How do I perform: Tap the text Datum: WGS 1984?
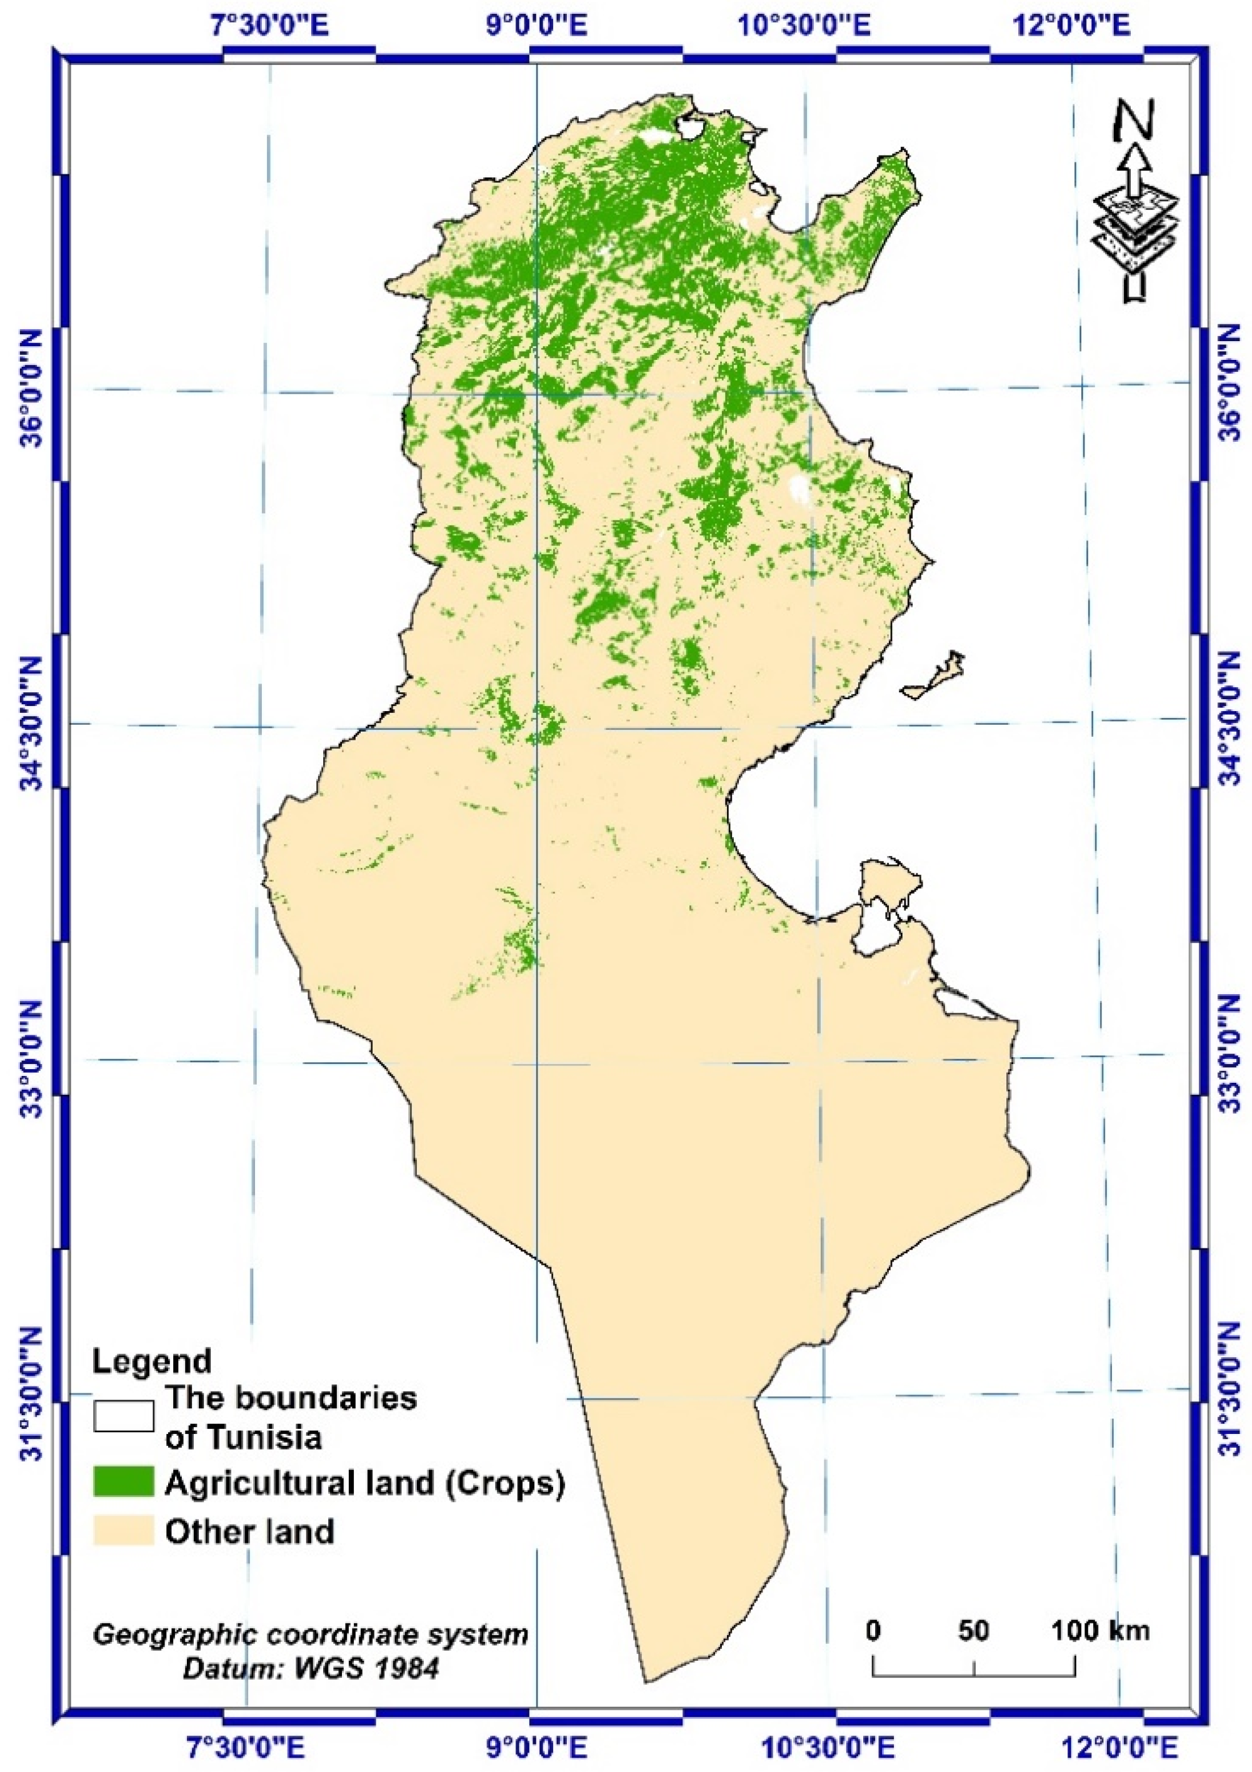[310, 1663]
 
